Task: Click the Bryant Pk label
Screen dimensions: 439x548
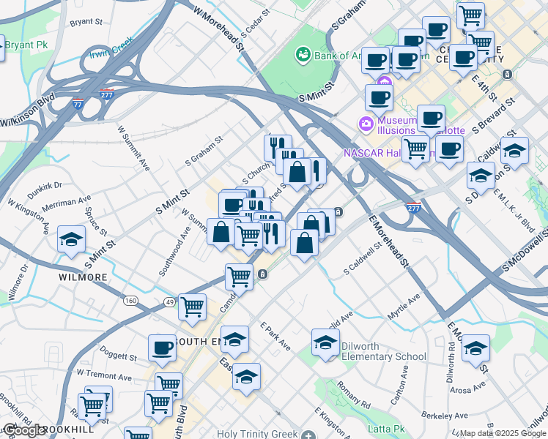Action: click(x=26, y=45)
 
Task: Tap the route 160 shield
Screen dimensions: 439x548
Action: click(x=130, y=301)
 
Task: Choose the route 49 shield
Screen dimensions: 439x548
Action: click(x=170, y=301)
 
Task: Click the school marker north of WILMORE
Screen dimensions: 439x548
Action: click(x=72, y=240)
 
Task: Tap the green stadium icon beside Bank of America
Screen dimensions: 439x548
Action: click(x=302, y=54)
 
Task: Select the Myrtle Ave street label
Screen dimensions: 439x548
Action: click(x=404, y=303)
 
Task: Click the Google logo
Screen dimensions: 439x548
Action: click(x=23, y=430)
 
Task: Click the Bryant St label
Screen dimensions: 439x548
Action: click(x=86, y=22)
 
